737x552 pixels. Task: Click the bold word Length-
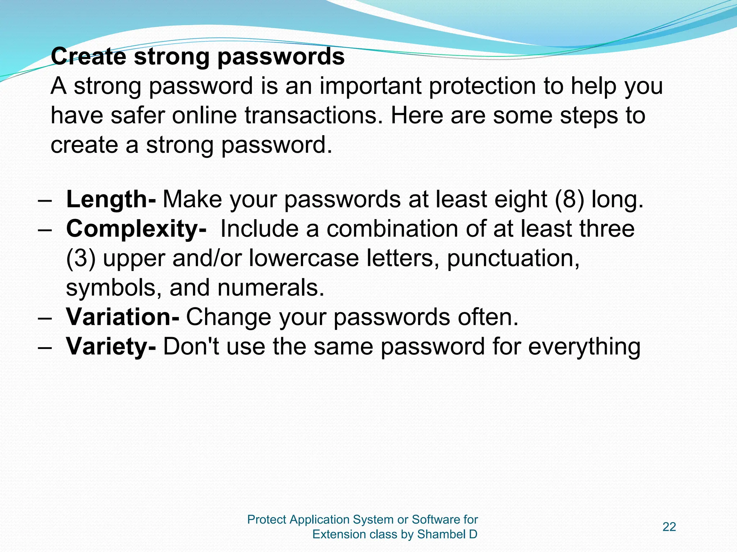[111, 199]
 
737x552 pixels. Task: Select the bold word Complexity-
[136, 229]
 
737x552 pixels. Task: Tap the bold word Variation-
[122, 317]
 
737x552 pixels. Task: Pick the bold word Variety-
[111, 347]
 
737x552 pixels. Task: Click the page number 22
[669, 527]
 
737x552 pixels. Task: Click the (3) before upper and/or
[81, 258]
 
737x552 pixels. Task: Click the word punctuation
[513, 258]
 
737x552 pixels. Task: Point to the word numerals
[271, 288]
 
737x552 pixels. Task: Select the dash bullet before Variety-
[45, 348]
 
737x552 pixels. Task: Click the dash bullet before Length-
[45, 200]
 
